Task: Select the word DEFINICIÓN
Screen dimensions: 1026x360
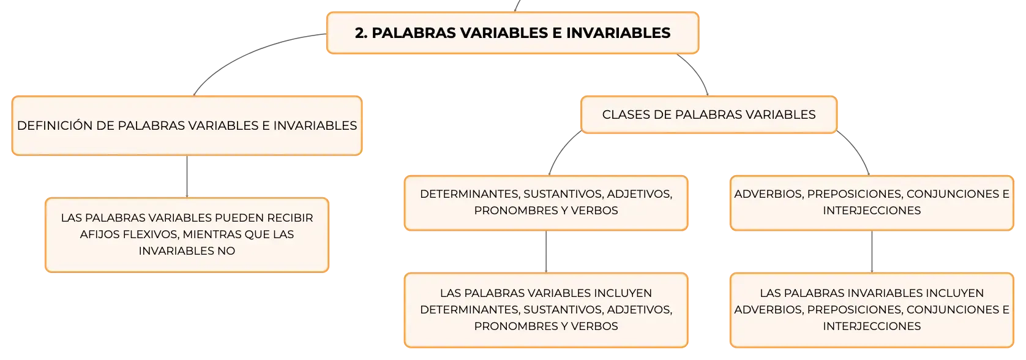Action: point(54,126)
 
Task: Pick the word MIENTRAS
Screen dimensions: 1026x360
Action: point(212,234)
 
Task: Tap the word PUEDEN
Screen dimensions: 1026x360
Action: point(239,218)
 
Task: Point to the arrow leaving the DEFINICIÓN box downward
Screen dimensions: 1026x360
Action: point(187,177)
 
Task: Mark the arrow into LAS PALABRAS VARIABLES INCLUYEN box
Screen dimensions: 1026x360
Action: point(546,252)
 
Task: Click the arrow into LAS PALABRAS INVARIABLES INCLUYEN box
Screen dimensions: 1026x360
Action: point(872,252)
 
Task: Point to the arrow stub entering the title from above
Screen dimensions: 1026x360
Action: point(517,6)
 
